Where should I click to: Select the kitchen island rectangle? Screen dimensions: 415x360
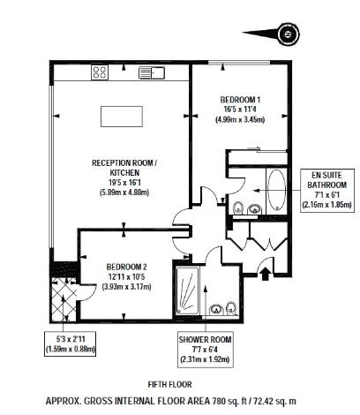(121, 116)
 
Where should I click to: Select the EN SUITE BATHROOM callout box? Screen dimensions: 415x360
(326, 191)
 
